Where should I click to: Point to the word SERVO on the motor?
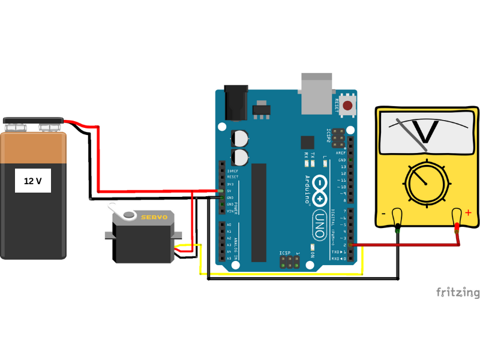154,217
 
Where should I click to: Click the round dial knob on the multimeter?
427,183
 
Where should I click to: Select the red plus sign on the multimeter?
468,212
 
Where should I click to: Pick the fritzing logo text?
457,292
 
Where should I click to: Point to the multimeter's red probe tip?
457,227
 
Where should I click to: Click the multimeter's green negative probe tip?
398,227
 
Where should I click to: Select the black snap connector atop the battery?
34,121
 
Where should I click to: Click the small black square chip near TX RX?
307,142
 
